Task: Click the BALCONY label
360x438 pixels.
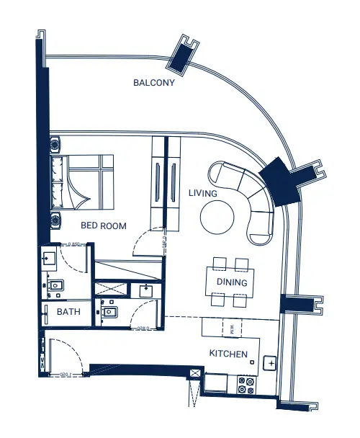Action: tap(154, 82)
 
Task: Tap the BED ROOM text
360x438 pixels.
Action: tap(103, 225)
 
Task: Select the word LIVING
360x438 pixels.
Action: tap(203, 193)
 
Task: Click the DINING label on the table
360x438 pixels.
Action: tap(232, 282)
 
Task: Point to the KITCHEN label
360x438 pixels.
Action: tap(228, 354)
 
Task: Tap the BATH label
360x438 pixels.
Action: tap(68, 313)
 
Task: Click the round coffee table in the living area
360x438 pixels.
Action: tap(217, 216)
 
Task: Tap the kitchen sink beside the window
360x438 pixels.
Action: tap(270, 363)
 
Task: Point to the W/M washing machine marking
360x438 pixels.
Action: tap(232, 328)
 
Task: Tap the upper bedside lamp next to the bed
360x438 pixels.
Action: tap(55, 145)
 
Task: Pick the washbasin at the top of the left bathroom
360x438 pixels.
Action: tap(50, 259)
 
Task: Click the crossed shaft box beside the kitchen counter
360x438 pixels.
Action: tap(194, 373)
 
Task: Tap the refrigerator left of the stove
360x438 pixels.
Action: tap(216, 384)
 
